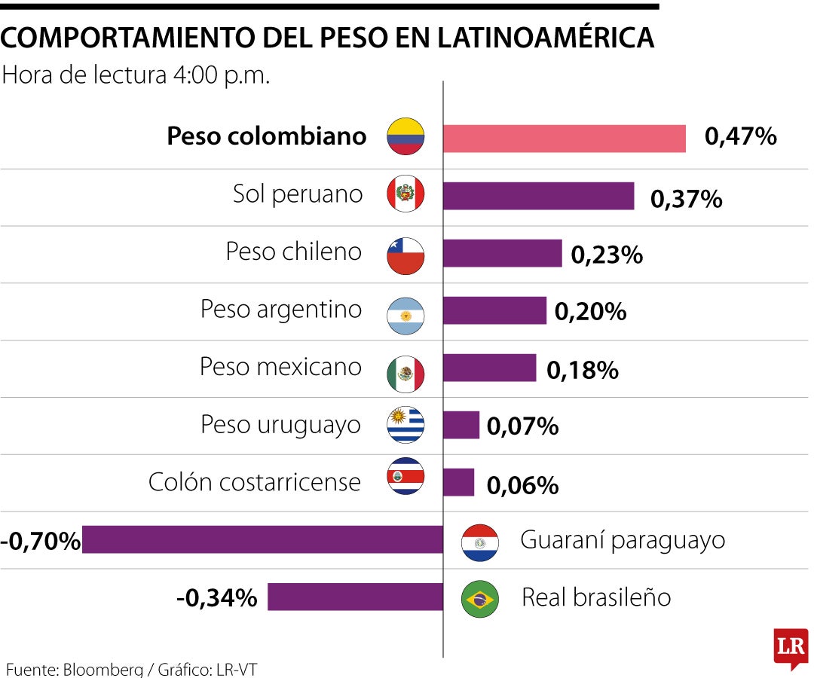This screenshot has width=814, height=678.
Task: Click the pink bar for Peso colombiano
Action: click(x=564, y=139)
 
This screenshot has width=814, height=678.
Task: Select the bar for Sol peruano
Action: click(x=538, y=196)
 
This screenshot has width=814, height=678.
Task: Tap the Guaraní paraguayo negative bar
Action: click(x=262, y=540)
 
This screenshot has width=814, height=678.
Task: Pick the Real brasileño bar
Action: click(x=355, y=597)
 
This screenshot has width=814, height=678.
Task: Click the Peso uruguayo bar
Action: click(x=461, y=425)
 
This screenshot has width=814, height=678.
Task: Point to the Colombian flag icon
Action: click(x=405, y=137)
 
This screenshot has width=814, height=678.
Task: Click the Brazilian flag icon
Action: click(x=480, y=599)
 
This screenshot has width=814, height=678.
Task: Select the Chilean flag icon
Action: click(x=405, y=255)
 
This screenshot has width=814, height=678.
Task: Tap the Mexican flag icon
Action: click(x=405, y=374)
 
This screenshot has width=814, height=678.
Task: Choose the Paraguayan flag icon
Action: click(x=480, y=542)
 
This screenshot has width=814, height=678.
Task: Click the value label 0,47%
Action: click(x=740, y=137)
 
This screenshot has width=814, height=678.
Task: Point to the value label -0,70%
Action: click(x=41, y=541)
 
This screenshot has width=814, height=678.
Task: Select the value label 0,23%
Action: click(x=607, y=255)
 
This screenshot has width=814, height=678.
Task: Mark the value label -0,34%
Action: click(x=216, y=598)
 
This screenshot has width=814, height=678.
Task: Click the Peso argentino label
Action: click(x=280, y=310)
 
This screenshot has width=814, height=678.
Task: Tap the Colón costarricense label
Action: click(x=255, y=481)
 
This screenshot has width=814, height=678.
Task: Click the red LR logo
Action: click(x=791, y=647)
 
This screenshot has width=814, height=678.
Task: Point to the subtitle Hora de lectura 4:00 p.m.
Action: click(x=136, y=76)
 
